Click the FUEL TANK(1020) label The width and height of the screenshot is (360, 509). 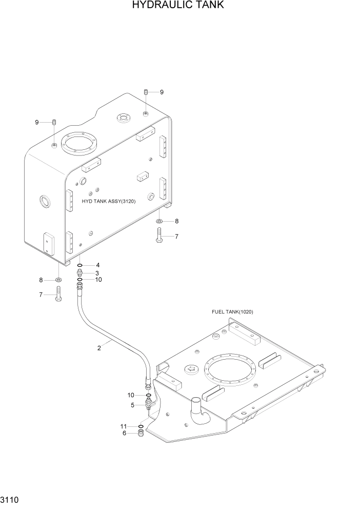point(232,312)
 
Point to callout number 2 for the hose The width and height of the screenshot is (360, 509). point(99,348)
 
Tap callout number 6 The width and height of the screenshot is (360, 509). point(124,434)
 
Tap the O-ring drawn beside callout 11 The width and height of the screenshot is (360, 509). point(140,426)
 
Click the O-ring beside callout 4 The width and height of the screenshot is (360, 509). point(80,265)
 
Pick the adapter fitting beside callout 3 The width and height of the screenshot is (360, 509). point(80,272)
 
